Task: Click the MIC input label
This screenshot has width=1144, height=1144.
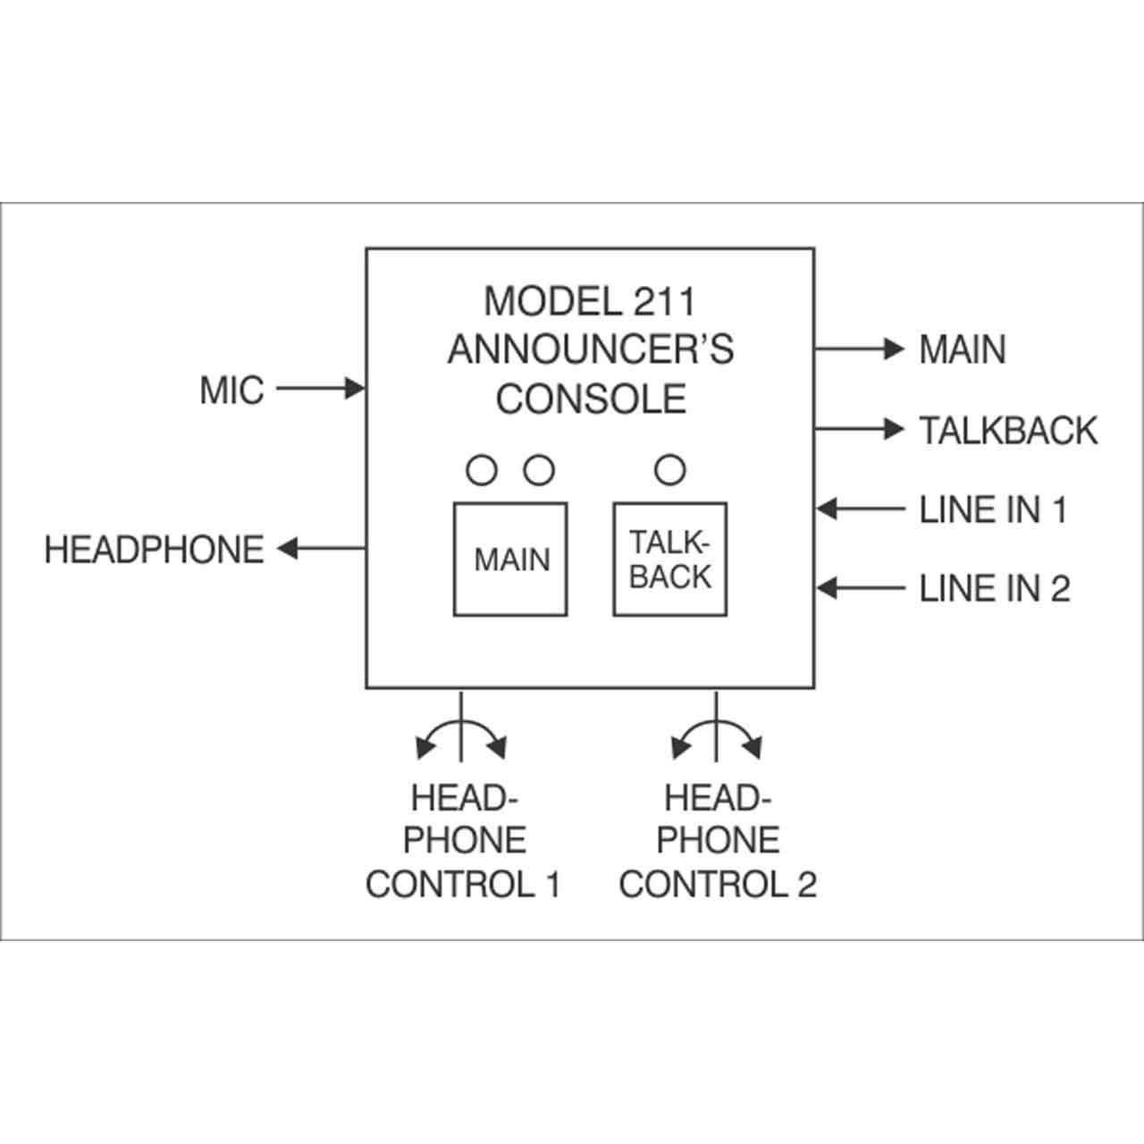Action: click(231, 390)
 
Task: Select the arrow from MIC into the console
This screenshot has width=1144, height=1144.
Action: click(321, 389)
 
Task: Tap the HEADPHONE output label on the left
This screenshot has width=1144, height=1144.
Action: click(155, 549)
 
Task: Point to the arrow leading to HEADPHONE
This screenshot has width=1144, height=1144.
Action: click(321, 548)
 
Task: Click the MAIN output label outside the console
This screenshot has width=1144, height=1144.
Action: click(963, 349)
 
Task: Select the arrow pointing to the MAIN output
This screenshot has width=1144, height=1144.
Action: click(860, 349)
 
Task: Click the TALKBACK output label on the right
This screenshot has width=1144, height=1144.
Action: click(1009, 430)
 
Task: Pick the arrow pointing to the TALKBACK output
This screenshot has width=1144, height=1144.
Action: click(860, 428)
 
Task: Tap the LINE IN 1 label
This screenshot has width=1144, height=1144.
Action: click(993, 509)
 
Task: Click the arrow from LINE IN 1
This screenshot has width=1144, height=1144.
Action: click(860, 509)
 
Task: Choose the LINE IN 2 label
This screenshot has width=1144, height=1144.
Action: click(995, 588)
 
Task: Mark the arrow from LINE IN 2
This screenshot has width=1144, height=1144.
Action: click(860, 588)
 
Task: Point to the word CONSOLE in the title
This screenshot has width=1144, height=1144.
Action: click(592, 399)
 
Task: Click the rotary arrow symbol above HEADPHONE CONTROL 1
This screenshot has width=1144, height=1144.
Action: click(461, 722)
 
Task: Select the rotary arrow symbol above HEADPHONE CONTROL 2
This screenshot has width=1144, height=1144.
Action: click(717, 722)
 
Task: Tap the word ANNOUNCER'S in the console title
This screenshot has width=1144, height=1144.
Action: click(591, 349)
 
